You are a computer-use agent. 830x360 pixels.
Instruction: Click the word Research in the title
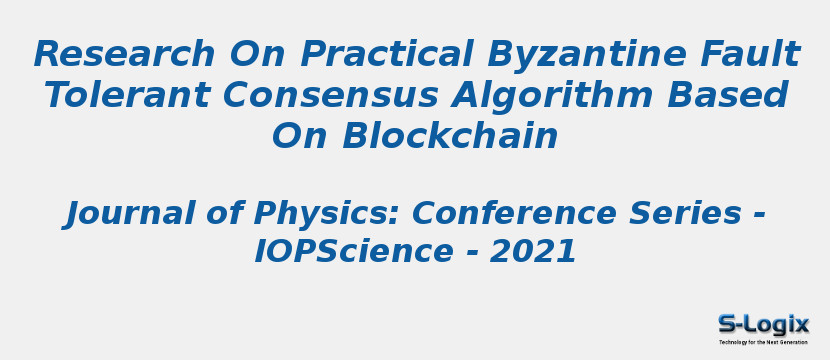point(125,54)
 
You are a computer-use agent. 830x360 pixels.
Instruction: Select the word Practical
point(387,54)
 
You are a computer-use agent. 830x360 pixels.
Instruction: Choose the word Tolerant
point(128,95)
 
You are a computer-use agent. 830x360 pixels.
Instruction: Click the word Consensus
point(331,96)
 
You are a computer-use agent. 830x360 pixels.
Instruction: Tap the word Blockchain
point(450,136)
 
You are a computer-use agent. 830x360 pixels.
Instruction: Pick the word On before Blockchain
point(300,137)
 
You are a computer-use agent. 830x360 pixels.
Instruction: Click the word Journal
point(118,213)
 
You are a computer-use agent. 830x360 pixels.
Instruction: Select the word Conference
point(514,213)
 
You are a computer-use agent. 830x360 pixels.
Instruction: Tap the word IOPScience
point(354,252)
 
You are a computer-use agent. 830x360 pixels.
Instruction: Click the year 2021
point(533,252)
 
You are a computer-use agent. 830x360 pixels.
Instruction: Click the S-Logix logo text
point(763,324)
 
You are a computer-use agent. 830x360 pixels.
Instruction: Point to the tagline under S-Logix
point(763,342)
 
